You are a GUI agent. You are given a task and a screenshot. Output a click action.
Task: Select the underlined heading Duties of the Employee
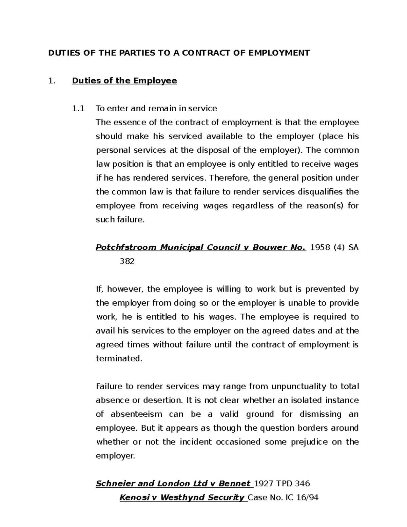click(x=124, y=81)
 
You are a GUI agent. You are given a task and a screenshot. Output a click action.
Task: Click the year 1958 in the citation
click(x=320, y=247)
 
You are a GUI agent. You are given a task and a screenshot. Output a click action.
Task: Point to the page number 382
click(x=127, y=261)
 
